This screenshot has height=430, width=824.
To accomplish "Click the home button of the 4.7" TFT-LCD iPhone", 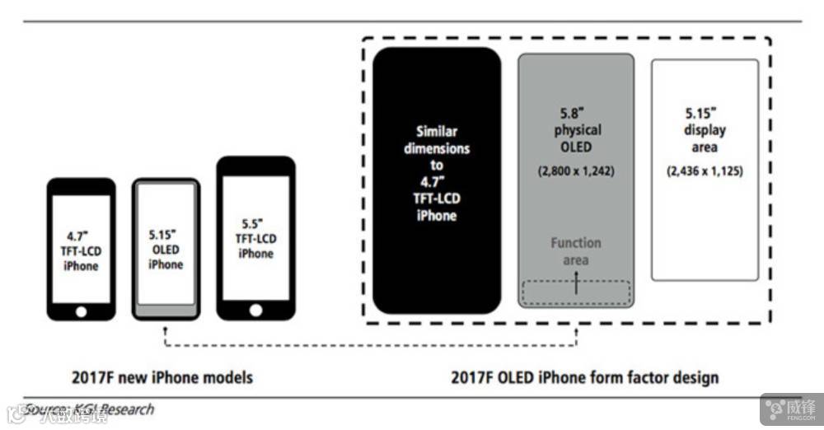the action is click(x=81, y=311).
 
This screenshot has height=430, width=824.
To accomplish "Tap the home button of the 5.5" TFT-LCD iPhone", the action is click(x=255, y=310).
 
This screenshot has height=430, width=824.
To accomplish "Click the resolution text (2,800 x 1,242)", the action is click(x=576, y=171).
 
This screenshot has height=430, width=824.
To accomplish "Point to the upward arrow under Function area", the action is click(x=576, y=282).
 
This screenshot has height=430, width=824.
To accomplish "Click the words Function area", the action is click(x=576, y=251).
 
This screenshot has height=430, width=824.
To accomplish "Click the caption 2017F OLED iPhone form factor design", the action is click(x=584, y=378).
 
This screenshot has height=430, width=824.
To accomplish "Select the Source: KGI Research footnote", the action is click(x=89, y=409).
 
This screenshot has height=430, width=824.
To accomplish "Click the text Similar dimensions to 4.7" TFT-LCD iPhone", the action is click(x=437, y=173).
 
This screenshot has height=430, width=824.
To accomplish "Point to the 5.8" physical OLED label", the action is click(x=576, y=130).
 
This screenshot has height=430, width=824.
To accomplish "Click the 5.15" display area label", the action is click(x=705, y=130).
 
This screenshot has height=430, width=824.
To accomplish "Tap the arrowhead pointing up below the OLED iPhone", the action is click(x=166, y=328).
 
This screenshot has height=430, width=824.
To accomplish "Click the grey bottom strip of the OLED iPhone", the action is click(x=166, y=311).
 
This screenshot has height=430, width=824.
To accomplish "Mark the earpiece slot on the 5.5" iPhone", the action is click(x=255, y=166).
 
